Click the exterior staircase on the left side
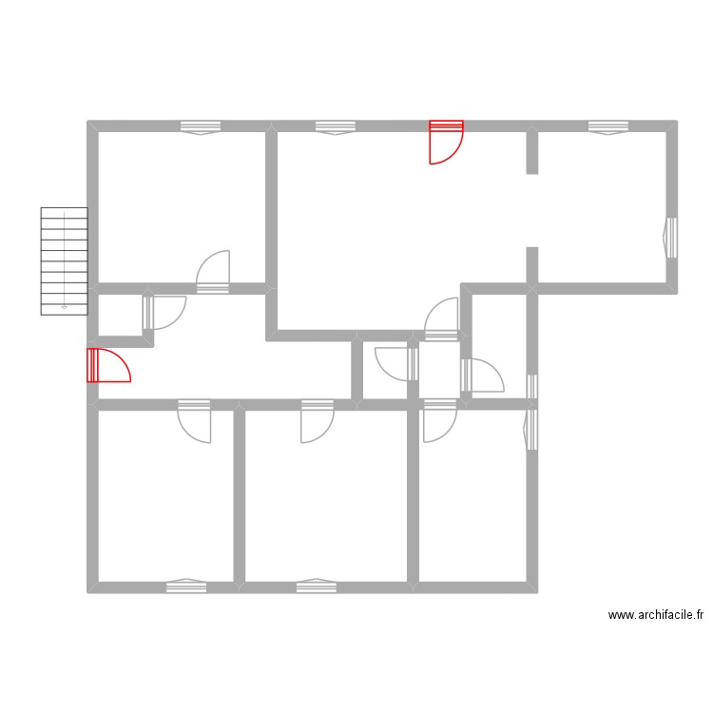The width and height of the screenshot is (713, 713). point(64,260)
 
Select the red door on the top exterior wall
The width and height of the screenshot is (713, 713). point(446,142)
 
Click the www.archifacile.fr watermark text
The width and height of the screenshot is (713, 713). point(656,615)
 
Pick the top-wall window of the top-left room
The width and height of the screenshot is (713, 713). point(201,127)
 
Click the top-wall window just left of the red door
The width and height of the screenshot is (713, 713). point(336,127)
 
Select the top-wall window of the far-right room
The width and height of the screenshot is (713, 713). point(607,127)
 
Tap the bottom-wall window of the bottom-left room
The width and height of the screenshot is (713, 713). point(186,586)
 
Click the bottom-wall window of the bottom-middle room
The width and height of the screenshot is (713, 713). point(316,586)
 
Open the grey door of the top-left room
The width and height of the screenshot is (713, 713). point(214,272)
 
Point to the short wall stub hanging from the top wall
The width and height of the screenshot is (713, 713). point(532,152)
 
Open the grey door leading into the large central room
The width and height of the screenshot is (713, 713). point(443,318)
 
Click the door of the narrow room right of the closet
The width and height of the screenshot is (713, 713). point(482,375)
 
